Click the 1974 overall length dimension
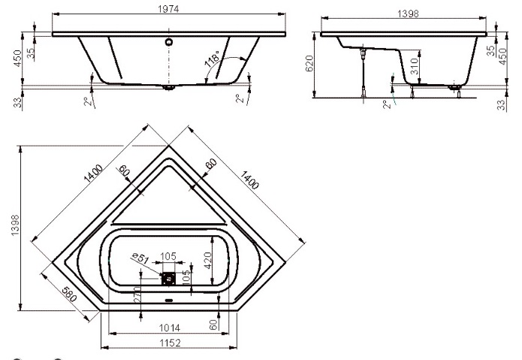pyautogui.click(x=168, y=9)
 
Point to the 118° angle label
pyautogui.click(x=212, y=59)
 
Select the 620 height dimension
pyautogui.click(x=309, y=64)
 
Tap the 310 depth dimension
pyautogui.click(x=414, y=66)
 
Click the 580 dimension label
pyautogui.click(x=69, y=294)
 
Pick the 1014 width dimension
pyautogui.click(x=170, y=328)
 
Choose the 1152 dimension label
pyautogui.click(x=170, y=343)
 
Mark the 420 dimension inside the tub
pyautogui.click(x=207, y=261)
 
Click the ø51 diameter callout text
pyautogui.click(x=140, y=258)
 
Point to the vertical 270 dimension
pyautogui.click(x=137, y=295)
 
